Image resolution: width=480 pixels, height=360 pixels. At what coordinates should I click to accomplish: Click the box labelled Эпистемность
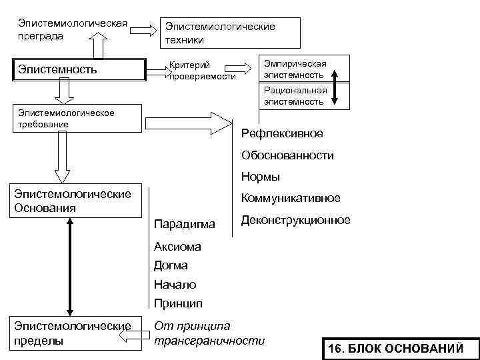(x=79, y=69)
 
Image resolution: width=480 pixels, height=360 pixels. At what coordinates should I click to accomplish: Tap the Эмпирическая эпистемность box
(x=295, y=69)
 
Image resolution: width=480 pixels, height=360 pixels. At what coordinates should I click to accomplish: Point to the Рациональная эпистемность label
(x=295, y=96)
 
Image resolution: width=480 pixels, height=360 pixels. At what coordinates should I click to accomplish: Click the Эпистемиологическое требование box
(x=78, y=119)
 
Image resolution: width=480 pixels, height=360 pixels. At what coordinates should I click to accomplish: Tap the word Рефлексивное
(x=282, y=133)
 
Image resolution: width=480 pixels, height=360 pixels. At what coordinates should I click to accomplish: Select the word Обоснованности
(x=287, y=155)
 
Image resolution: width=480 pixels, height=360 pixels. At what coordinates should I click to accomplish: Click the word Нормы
(x=261, y=177)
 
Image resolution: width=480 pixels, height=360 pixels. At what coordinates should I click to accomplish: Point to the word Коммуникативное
(x=291, y=198)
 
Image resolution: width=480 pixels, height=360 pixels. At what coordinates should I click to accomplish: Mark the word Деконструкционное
(x=295, y=220)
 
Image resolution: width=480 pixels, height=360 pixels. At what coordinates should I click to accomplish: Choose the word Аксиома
(x=177, y=247)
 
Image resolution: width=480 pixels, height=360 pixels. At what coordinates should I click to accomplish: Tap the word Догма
(x=171, y=265)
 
